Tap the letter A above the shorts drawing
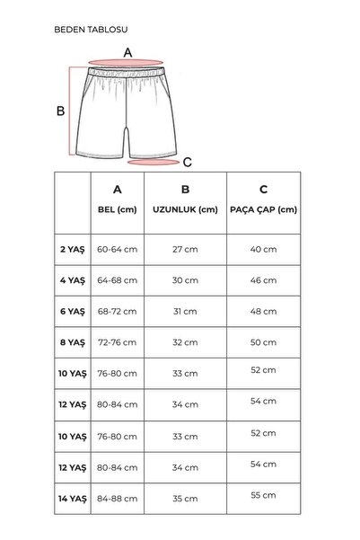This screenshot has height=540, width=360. coord(128,53)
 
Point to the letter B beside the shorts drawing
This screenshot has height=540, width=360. coord(61,111)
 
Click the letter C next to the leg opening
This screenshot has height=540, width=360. coord(188,163)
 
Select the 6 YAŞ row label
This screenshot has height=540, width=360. coord(72,311)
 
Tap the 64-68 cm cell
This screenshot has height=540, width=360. coord(117,280)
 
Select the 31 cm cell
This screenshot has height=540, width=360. coord(185,311)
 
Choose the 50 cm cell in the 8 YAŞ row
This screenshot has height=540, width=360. coord(263,342)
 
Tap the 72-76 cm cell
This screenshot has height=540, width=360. coord(117,342)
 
